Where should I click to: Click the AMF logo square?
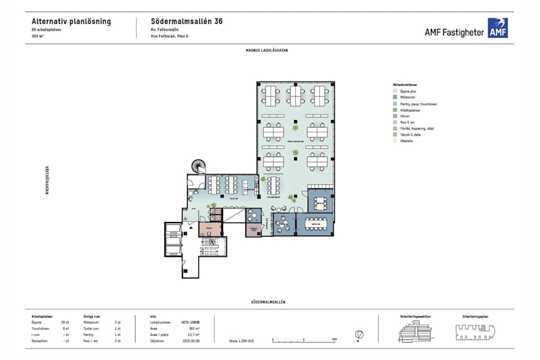point(497,28)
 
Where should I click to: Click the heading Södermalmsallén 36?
point(187,21)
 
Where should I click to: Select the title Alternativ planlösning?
point(71,21)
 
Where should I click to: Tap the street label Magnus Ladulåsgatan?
point(266,50)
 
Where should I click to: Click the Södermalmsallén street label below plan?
point(268,302)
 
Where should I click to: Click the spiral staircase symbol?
point(197,166)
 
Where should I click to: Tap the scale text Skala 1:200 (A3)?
point(242,340)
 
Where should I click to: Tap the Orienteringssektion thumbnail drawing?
point(415,331)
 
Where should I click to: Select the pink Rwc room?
point(208,229)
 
